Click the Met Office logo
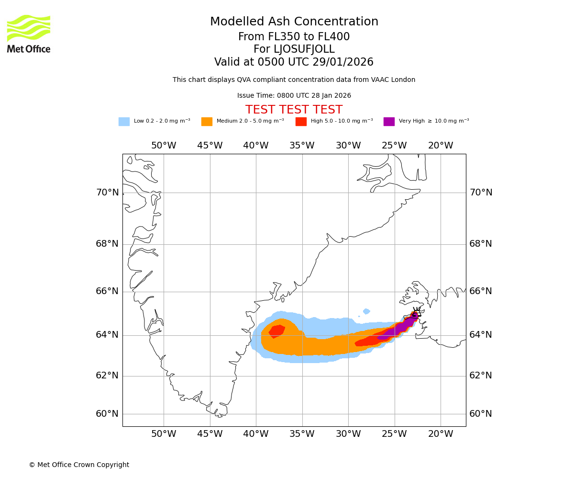coord(29,34)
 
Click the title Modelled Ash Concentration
coord(294,22)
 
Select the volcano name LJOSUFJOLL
coord(294,49)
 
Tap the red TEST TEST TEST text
coord(294,110)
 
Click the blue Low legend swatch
coord(124,122)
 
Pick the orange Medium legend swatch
coord(207,122)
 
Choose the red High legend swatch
coord(301,122)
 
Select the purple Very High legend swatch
coord(389,122)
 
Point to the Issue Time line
coord(294,96)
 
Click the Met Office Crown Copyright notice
coord(79,465)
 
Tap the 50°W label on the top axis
coord(164,146)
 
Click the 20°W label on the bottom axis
coord(441,434)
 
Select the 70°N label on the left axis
coord(107,193)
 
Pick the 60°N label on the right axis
coord(480,414)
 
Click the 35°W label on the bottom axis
coord(302,434)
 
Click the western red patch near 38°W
coord(277,331)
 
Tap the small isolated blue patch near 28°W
coord(366,311)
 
